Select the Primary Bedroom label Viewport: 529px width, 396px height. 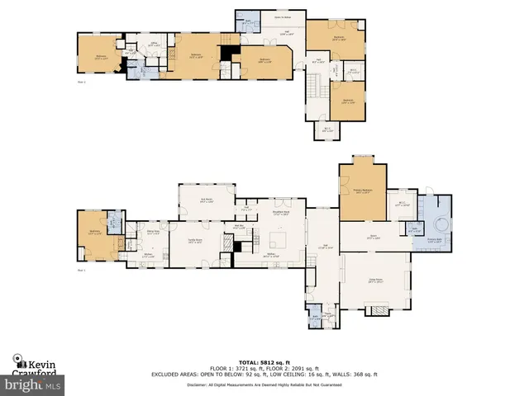coord(362,191)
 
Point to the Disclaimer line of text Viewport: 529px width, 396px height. coord(264,384)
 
